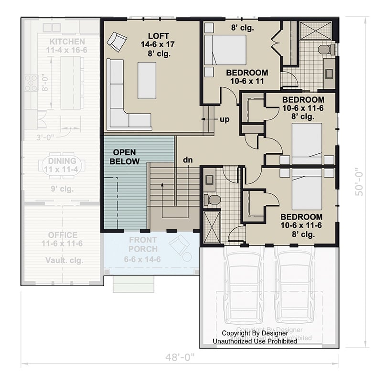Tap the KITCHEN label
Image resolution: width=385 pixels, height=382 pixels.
pyautogui.click(x=67, y=42)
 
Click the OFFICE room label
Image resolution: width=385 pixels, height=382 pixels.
pyautogui.click(x=63, y=235)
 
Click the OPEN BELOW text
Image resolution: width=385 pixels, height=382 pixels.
pyautogui.click(x=125, y=157)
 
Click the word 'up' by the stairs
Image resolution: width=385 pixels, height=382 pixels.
pyautogui.click(x=225, y=119)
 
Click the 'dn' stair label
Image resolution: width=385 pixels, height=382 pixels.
pyautogui.click(x=187, y=160)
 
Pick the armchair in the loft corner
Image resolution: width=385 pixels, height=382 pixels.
pyautogui.click(x=117, y=42)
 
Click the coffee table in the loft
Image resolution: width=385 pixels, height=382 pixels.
pyautogui.click(x=147, y=80)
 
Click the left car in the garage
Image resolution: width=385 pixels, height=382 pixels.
pyautogui.click(x=244, y=286)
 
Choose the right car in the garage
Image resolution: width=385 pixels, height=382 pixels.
pyautogui.click(x=295, y=286)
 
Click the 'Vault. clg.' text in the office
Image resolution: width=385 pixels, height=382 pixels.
pyautogui.click(x=63, y=261)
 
